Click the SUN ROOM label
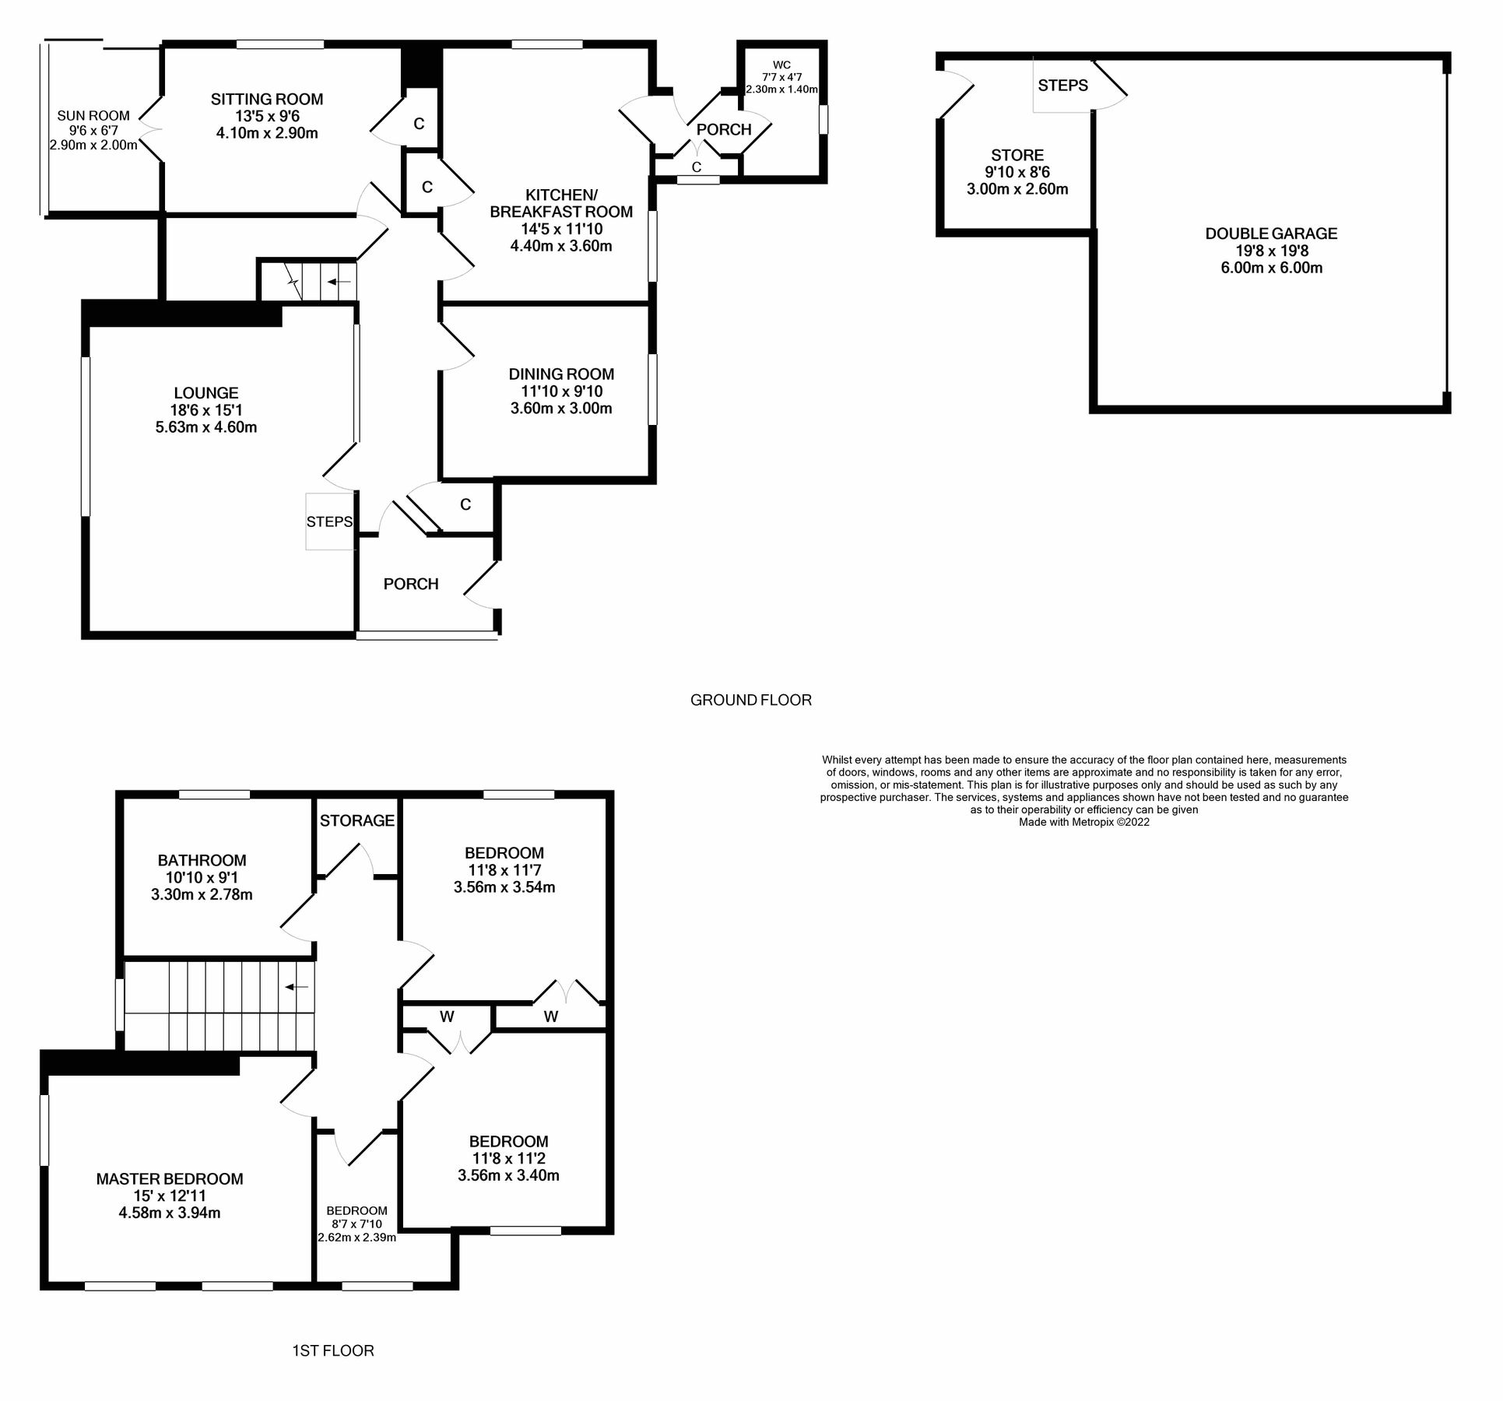click(93, 116)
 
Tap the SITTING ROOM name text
click(267, 100)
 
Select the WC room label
click(781, 65)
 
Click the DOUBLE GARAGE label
click(1271, 233)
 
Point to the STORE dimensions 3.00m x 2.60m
click(1017, 189)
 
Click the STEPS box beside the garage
click(1062, 86)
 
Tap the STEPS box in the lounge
click(329, 521)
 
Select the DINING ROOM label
click(561, 374)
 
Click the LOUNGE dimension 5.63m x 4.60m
click(206, 427)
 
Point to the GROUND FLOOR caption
click(750, 700)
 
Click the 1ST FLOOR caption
click(333, 1350)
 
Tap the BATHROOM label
click(202, 860)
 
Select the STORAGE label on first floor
click(357, 820)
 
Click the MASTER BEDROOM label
click(170, 1179)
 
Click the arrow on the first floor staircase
click(297, 987)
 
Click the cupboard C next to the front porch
click(465, 504)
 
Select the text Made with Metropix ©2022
click(1083, 822)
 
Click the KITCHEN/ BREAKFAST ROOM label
click(561, 203)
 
